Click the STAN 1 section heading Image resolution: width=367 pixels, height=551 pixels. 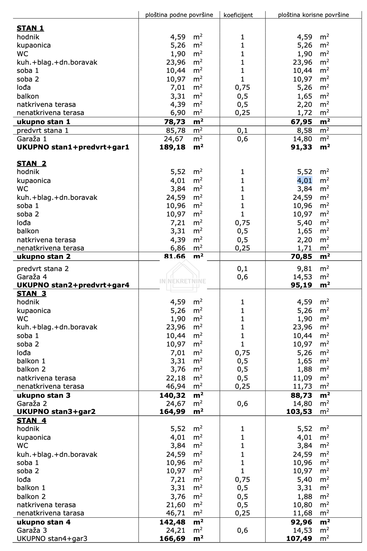coord(30,28)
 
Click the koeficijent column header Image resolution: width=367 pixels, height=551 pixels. coord(238,15)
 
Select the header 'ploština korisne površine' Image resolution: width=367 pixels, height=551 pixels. coord(313,15)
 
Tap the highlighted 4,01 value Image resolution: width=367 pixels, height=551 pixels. coord(304,181)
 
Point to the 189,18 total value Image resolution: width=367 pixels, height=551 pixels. coord(173,147)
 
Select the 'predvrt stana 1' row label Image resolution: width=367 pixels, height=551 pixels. coord(43,130)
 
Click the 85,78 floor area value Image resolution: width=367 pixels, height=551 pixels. coord(176,130)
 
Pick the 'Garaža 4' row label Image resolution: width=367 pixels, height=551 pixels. coord(32,277)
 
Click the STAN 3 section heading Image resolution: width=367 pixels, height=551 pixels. coord(32,294)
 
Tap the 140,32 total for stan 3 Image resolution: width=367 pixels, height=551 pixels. coord(173,395)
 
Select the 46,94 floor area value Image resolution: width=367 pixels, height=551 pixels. coord(176,386)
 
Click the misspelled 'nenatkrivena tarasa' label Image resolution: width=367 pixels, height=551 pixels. coord(50,513)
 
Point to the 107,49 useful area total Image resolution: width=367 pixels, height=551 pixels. coord(299,539)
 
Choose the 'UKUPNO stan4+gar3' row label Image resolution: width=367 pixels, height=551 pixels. coord(52,539)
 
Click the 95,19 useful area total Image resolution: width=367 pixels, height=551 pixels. coord(301,285)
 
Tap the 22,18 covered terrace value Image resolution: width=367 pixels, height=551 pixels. coord(176,378)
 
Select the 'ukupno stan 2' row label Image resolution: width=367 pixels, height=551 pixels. coord(44,257)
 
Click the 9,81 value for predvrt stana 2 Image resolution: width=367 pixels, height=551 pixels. coord(304,269)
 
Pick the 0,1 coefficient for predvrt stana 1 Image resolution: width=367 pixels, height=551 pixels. coord(242,130)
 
